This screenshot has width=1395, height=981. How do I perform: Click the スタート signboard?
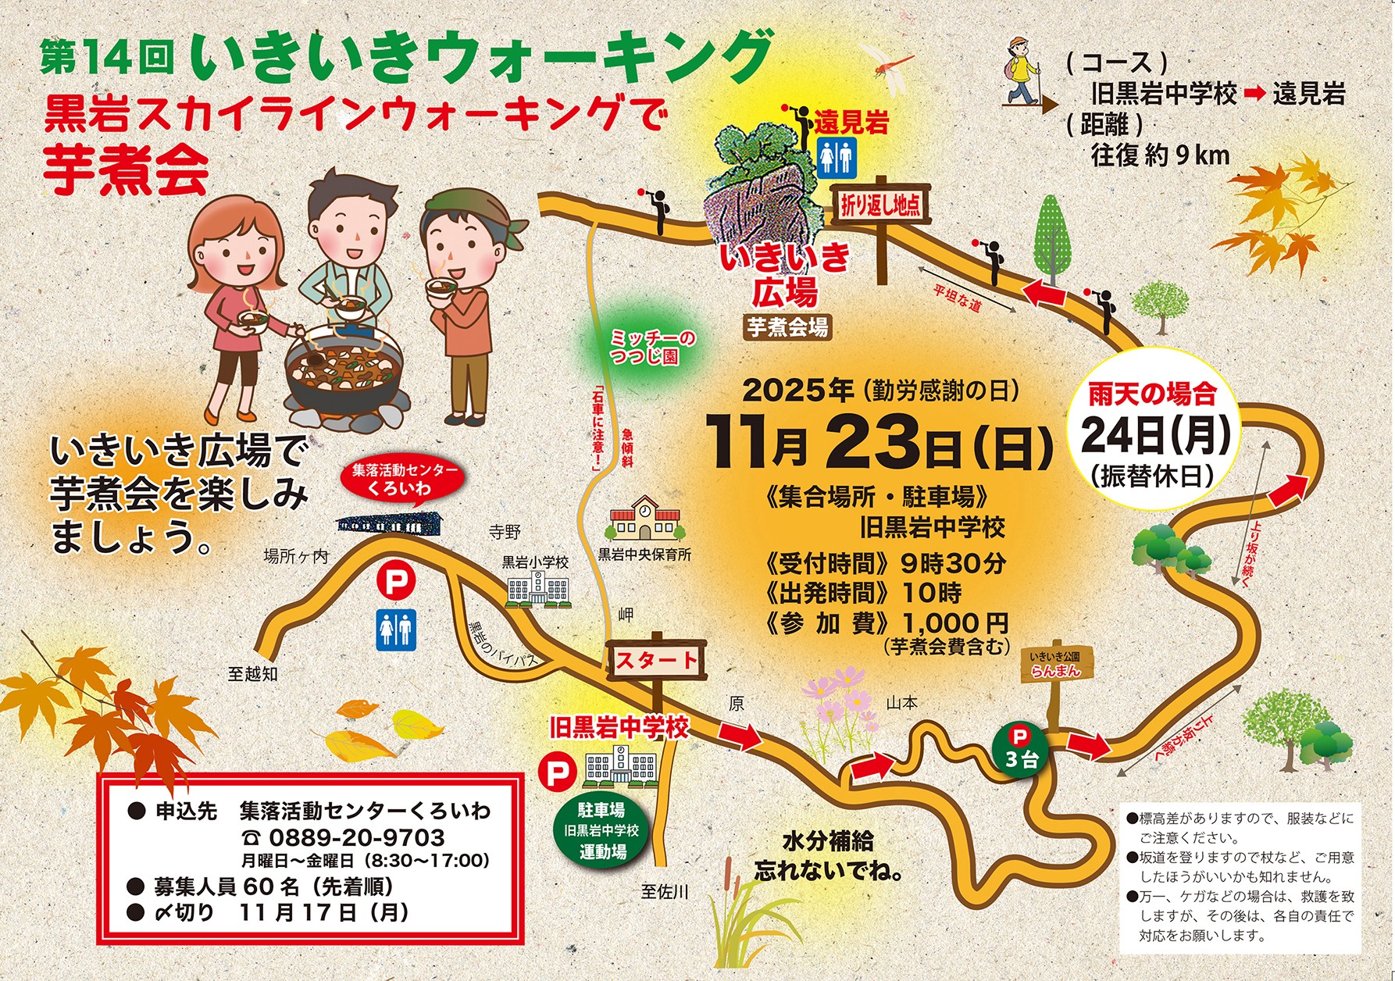(657, 661)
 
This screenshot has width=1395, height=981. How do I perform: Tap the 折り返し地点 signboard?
(881, 205)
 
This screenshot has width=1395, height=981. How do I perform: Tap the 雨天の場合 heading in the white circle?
(1153, 394)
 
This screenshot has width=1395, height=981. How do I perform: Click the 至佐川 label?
(665, 891)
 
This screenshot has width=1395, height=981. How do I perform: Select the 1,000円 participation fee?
(954, 623)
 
